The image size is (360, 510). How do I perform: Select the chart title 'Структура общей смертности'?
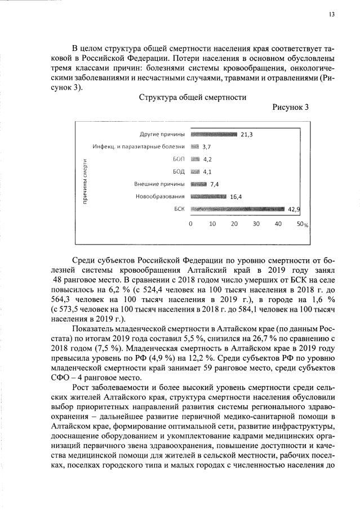click(x=193, y=97)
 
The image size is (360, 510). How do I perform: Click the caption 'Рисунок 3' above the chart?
click(x=291, y=108)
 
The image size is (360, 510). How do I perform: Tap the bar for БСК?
click(x=238, y=209)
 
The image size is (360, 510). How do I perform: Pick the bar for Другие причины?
click(x=214, y=134)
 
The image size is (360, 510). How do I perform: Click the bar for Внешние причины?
click(x=199, y=184)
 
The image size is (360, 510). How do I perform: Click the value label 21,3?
click(x=246, y=135)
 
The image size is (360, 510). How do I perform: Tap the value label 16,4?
click(x=235, y=197)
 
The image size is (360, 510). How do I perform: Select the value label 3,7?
click(x=206, y=147)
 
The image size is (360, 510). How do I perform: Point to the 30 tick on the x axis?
click(x=256, y=224)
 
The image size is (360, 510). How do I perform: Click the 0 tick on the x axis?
click(x=190, y=224)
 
